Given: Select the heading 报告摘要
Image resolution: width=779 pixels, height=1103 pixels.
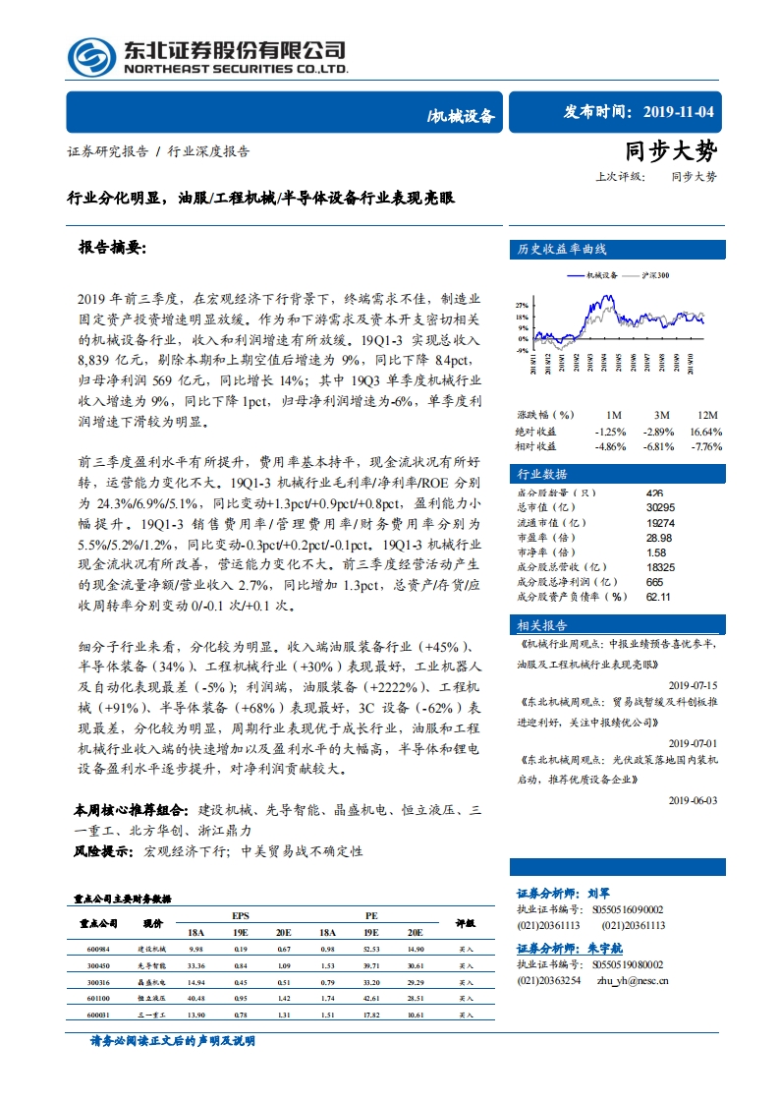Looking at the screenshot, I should [111, 249].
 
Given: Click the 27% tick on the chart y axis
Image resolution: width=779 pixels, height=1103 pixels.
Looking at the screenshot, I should [522, 306].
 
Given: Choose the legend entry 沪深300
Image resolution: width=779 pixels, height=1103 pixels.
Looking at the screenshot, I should [655, 277].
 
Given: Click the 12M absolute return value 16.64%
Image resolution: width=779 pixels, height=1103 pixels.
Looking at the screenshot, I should [706, 432].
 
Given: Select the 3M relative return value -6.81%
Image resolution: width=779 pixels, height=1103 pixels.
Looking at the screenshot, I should [656, 446].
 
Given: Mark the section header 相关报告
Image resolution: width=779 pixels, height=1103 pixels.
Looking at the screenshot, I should [542, 626].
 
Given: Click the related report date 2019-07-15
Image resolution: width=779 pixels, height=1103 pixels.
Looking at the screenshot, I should [693, 685].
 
